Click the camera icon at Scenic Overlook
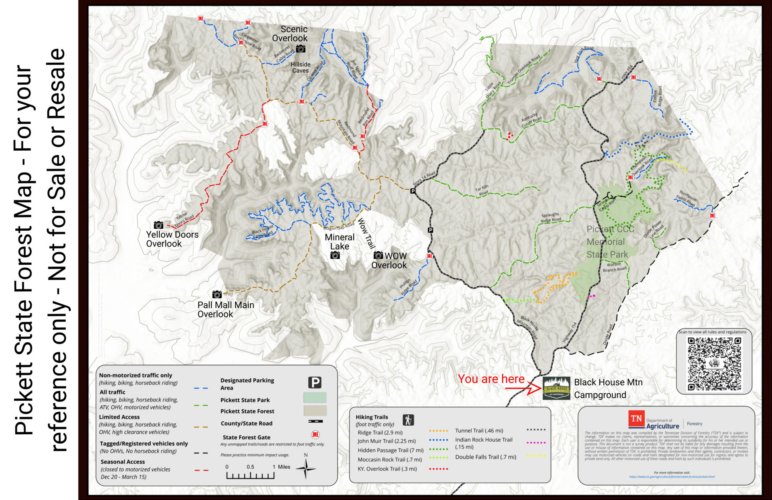pyautogui.click(x=301, y=49)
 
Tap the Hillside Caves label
pyautogui.click(x=300, y=67)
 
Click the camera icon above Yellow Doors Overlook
pyautogui.click(x=158, y=225)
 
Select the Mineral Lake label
pyautogui.click(x=339, y=242)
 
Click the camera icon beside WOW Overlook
pyautogui.click(x=378, y=255)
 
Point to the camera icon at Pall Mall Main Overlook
pyautogui.click(x=217, y=294)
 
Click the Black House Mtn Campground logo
pyautogui.click(x=556, y=388)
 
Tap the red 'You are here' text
pyautogui.click(x=491, y=379)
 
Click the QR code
pyautogui.click(x=714, y=364)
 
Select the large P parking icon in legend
pyautogui.click(x=315, y=383)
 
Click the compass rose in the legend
pyautogui.click(x=306, y=469)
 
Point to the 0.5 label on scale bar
pyautogui.click(x=250, y=467)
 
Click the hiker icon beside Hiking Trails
pyautogui.click(x=408, y=420)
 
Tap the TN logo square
pyautogui.click(x=636, y=419)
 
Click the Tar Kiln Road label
pyautogui.click(x=482, y=190)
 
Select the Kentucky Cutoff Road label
pyautogui.click(x=531, y=120)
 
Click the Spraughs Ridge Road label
pyautogui.click(x=550, y=218)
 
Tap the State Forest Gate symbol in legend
pyautogui.click(x=315, y=435)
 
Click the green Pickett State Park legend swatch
pyautogui.click(x=315, y=398)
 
